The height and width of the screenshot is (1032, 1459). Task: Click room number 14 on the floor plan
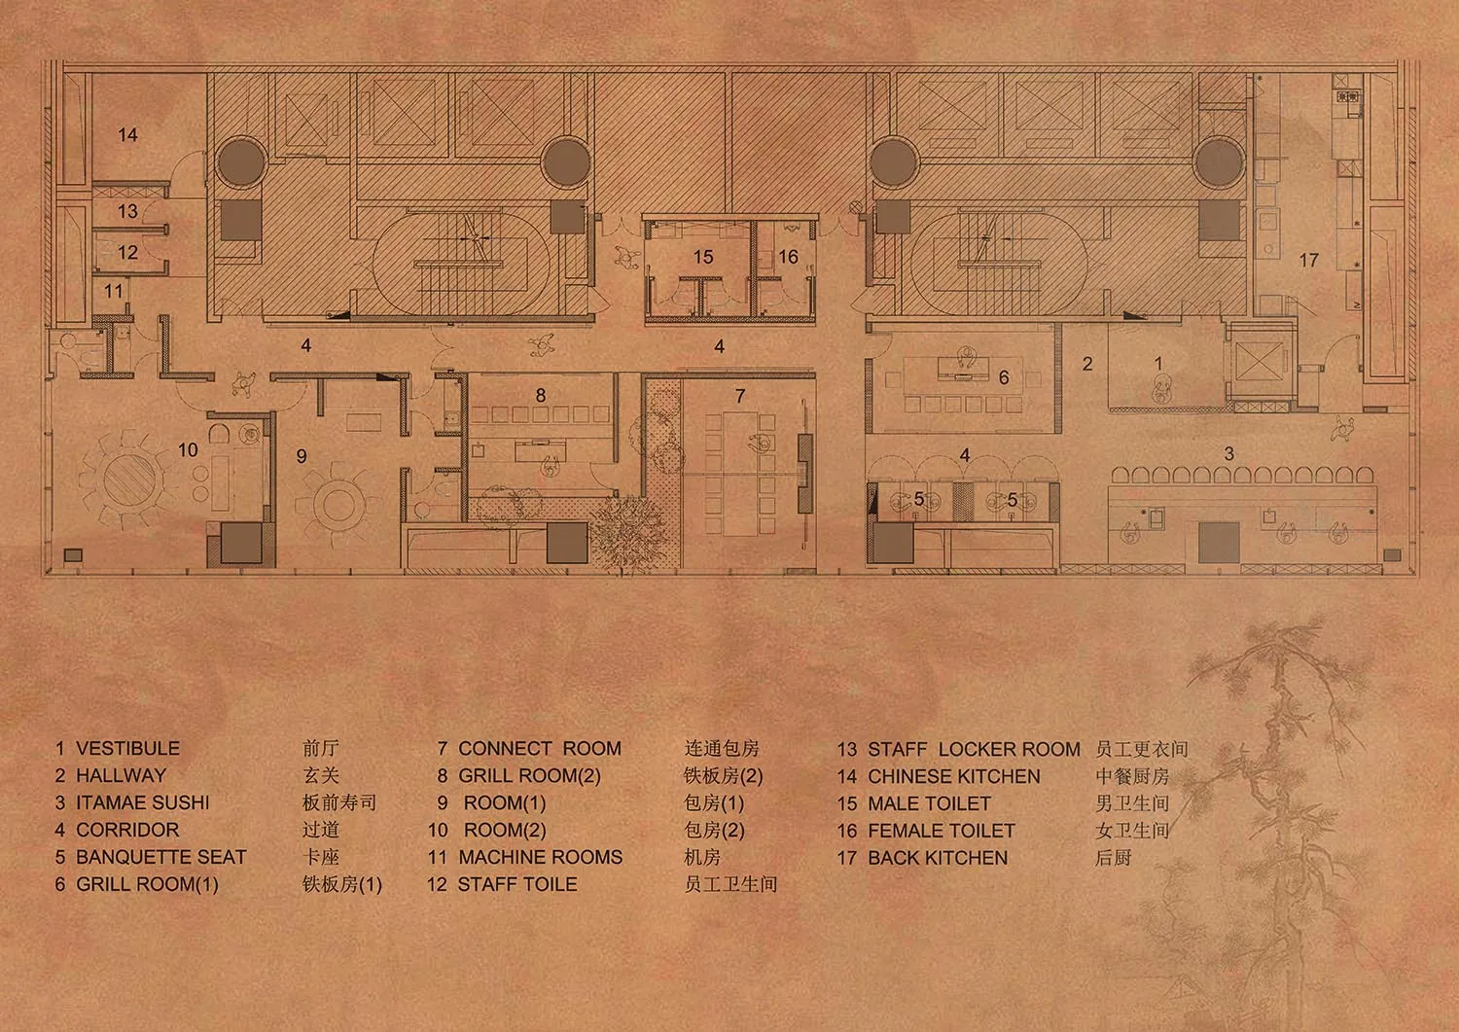127,135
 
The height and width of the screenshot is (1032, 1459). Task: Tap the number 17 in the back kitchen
1308,261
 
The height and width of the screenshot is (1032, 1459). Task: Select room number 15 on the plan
703,257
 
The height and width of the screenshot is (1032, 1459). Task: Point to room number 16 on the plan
788,257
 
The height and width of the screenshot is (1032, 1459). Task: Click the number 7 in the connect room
739,396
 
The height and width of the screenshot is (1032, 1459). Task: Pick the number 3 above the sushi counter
1228,453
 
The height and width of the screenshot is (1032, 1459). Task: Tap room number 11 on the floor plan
114,291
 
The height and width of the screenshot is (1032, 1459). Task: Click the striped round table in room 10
129,480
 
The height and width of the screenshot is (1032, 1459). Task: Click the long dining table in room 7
740,474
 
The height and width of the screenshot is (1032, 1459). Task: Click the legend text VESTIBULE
127,748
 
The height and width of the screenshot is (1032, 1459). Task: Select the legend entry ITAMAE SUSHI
143,802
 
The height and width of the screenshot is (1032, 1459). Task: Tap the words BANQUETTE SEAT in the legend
160,857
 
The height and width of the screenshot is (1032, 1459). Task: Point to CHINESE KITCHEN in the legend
953,776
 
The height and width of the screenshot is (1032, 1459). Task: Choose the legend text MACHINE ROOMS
540,857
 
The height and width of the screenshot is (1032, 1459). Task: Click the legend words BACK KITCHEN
938,858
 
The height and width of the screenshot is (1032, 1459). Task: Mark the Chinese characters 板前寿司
339,802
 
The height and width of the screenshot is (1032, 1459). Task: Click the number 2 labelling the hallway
1087,364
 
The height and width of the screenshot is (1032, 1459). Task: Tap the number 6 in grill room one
1004,377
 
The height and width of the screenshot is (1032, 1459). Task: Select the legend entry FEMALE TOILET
942,831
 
